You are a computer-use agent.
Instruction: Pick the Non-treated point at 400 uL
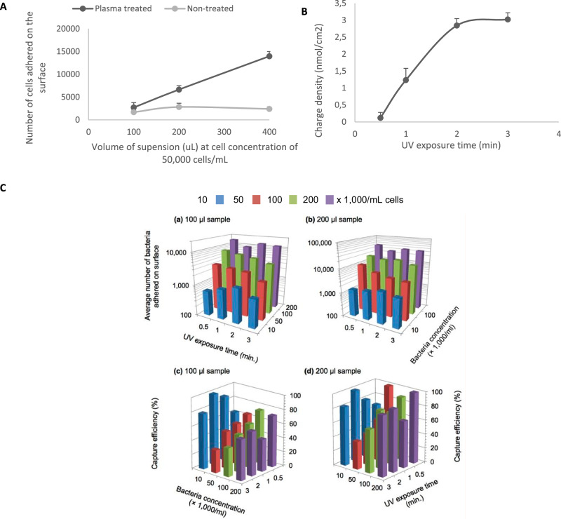[x=269, y=109]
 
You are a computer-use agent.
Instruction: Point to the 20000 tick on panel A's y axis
[x=66, y=29]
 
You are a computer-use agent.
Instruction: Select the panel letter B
[x=304, y=11]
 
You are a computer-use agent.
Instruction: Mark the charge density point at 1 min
[x=405, y=80]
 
